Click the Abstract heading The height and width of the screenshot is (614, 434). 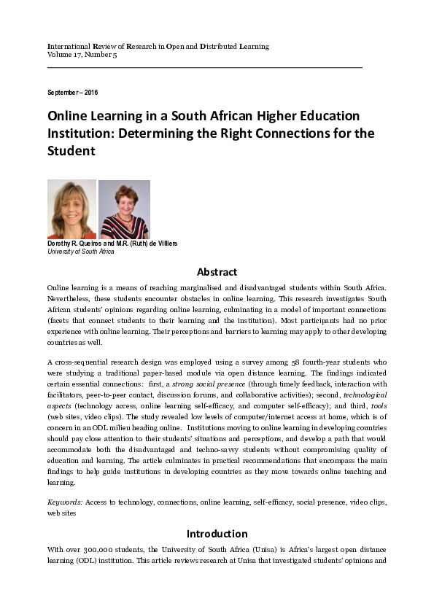(x=217, y=271)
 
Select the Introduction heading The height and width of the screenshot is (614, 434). (x=217, y=533)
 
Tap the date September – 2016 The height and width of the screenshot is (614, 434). (x=72, y=93)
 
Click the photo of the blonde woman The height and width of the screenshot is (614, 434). (x=71, y=209)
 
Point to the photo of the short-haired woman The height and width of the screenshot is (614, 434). (x=124, y=209)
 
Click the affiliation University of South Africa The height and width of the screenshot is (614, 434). (x=81, y=251)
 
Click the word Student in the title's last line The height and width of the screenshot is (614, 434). (x=72, y=152)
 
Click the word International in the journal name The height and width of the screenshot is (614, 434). (x=69, y=46)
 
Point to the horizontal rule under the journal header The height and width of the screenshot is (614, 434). (x=204, y=67)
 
